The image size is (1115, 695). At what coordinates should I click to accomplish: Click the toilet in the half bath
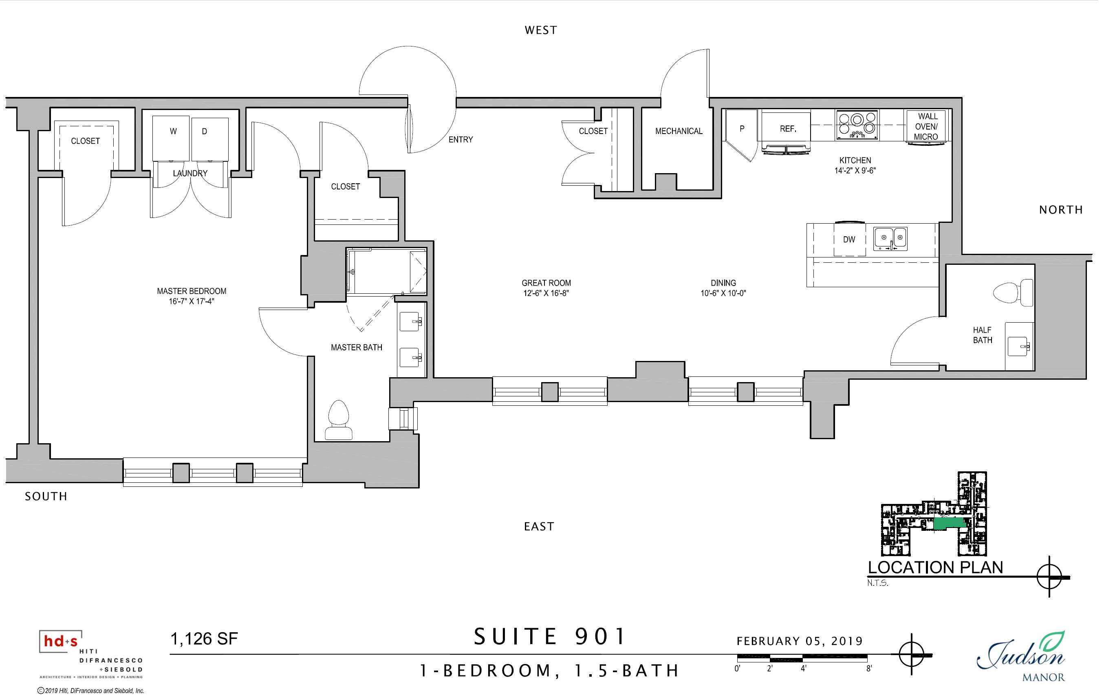(1013, 293)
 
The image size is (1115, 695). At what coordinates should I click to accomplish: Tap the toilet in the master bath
(339, 420)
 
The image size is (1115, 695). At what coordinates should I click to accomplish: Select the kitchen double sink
(890, 239)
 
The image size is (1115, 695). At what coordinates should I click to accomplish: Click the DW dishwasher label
(849, 240)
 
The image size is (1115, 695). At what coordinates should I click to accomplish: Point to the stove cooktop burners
(857, 125)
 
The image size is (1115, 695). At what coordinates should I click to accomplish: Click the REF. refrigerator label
(788, 129)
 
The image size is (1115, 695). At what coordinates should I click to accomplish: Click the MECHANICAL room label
(679, 132)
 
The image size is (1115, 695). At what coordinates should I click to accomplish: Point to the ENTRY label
(460, 140)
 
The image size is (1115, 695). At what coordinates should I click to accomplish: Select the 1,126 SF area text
(204, 638)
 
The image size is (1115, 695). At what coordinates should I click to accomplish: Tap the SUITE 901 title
(549, 637)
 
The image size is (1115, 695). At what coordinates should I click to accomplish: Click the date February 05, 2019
(800, 641)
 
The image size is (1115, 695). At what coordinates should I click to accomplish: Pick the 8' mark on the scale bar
(869, 669)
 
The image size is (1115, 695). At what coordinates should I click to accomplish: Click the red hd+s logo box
(61, 641)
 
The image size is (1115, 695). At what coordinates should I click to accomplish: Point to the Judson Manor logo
(1021, 657)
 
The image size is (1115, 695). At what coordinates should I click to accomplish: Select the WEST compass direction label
(541, 30)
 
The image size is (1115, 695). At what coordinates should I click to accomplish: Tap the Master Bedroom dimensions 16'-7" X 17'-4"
(191, 301)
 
